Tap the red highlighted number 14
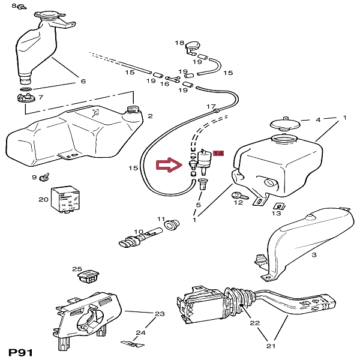[218, 154]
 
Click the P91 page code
[21, 350]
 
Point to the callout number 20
[43, 199]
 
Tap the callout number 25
[77, 269]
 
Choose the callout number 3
[313, 255]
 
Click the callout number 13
[276, 213]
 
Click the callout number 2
[150, 116]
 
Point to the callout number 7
[40, 96]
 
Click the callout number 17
[211, 107]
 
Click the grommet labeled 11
[172, 224]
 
